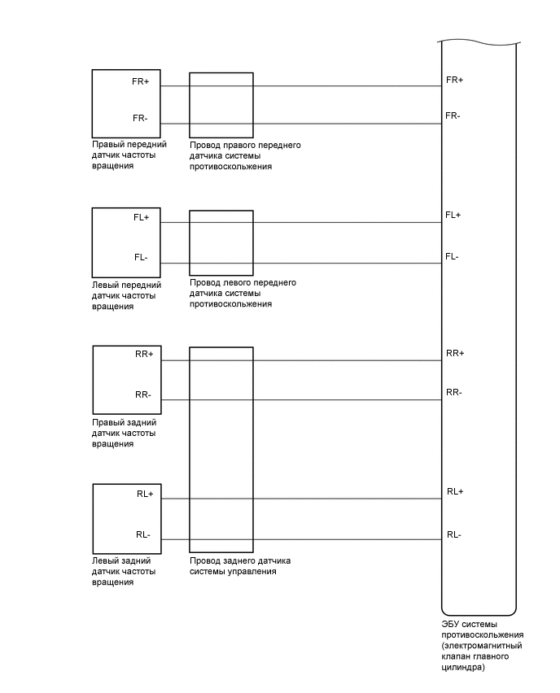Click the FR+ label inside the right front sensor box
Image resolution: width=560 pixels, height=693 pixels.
pyautogui.click(x=140, y=81)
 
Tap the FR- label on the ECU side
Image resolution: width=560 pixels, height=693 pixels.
pyautogui.click(x=453, y=115)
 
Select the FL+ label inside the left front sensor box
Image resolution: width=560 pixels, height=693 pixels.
pyautogui.click(x=141, y=217)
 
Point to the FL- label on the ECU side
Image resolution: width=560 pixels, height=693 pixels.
pyautogui.click(x=452, y=256)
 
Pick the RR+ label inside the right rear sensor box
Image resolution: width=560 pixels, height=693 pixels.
pyautogui.click(x=144, y=354)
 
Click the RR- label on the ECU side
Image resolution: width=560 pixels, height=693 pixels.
pyautogui.click(x=454, y=392)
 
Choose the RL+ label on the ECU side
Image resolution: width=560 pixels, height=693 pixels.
pyautogui.click(x=454, y=491)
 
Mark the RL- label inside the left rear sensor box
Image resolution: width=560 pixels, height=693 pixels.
pyautogui.click(x=143, y=534)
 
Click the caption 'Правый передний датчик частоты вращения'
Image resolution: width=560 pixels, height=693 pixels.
pyautogui.click(x=129, y=155)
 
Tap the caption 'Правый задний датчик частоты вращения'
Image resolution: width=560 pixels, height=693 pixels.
pyautogui.click(x=125, y=434)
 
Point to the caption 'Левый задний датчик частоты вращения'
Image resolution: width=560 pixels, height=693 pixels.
pyautogui.click(x=123, y=572)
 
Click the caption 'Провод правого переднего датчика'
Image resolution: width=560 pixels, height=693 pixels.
pyautogui.click(x=245, y=155)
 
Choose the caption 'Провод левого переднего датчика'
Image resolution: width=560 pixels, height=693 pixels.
pyautogui.click(x=243, y=293)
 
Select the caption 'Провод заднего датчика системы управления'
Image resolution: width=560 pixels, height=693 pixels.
pyautogui.click(x=239, y=566)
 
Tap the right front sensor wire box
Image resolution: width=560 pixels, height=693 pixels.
pyautogui.click(x=221, y=105)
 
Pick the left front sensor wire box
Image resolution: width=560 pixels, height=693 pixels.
pyautogui.click(x=221, y=242)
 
